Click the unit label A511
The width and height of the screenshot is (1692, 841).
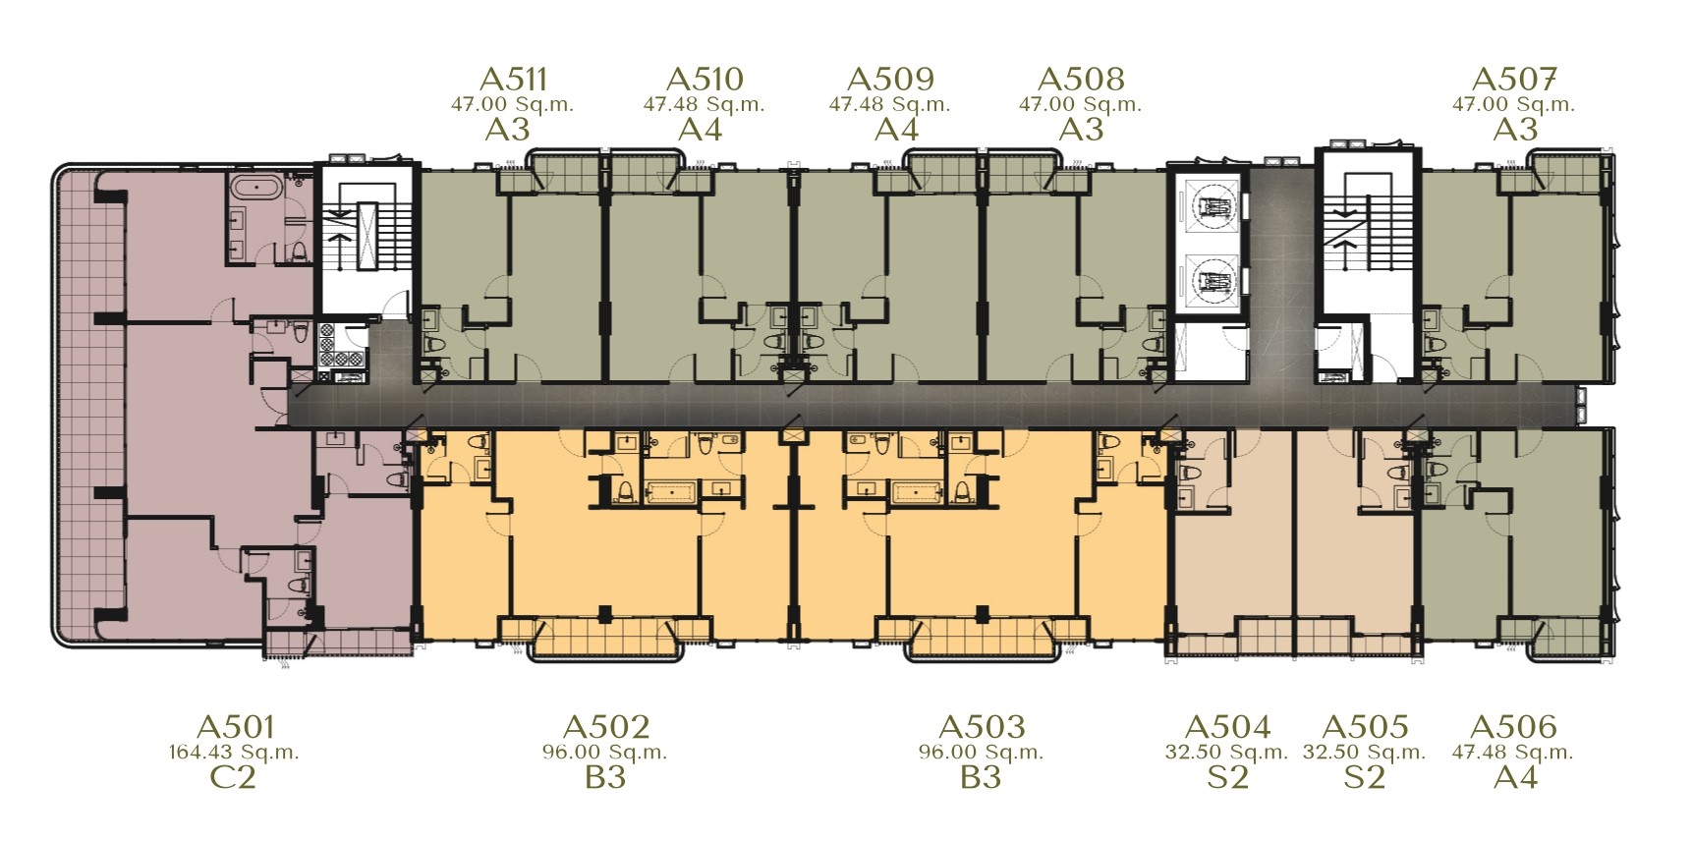(x=512, y=79)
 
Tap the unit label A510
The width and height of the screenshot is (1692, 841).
(x=704, y=79)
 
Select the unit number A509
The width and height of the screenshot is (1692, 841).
(x=890, y=79)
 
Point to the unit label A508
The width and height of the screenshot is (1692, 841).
(x=1081, y=79)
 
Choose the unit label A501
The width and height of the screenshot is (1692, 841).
(x=236, y=727)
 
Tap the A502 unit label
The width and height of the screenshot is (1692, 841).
(x=606, y=727)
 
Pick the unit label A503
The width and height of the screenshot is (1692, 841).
(x=982, y=727)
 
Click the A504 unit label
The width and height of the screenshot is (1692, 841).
(x=1227, y=727)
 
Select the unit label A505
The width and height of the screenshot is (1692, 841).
(x=1365, y=727)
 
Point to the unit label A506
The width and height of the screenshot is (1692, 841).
(x=1513, y=727)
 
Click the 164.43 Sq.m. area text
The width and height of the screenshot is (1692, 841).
(x=234, y=754)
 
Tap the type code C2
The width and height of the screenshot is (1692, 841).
(x=234, y=778)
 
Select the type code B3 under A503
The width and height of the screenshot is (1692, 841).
(x=981, y=778)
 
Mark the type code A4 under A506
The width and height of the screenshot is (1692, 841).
(x=1513, y=778)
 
